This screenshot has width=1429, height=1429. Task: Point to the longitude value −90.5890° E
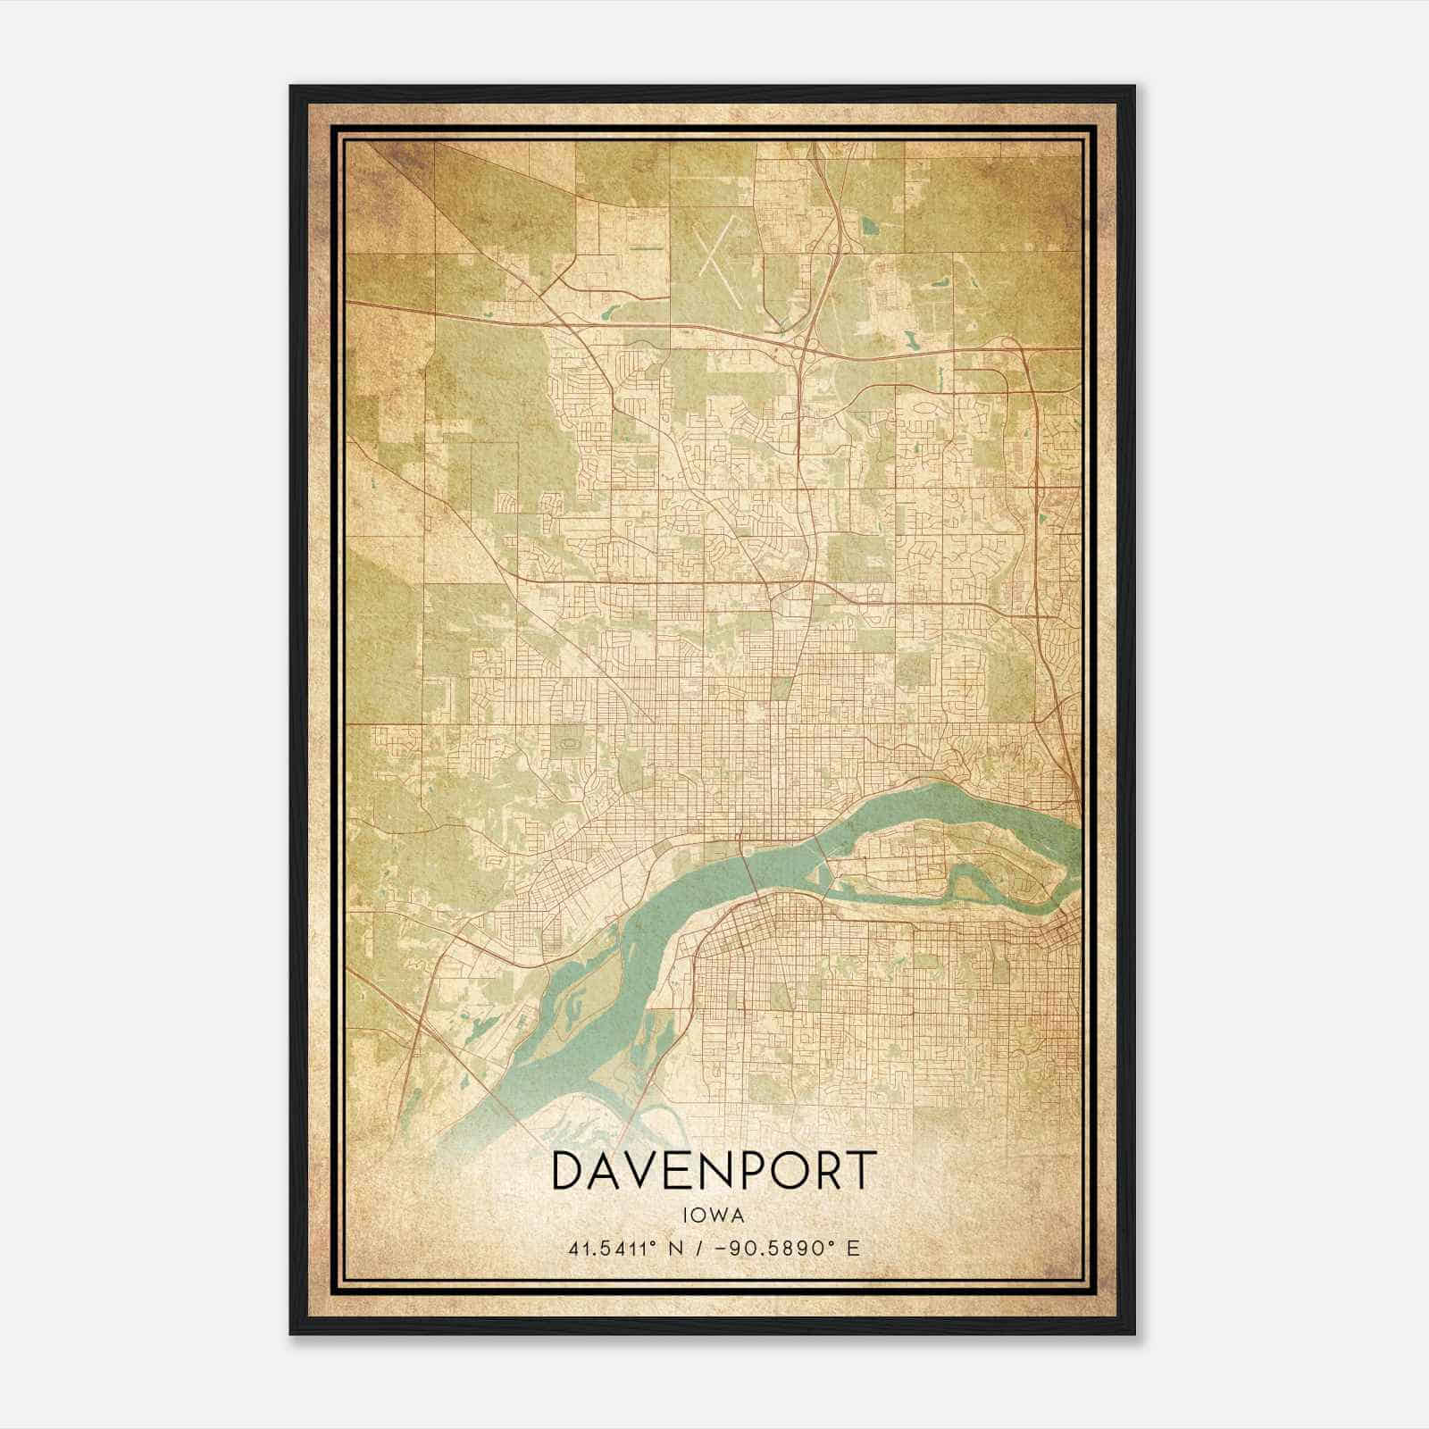[785, 1248]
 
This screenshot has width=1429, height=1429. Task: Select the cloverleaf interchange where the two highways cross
[802, 347]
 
